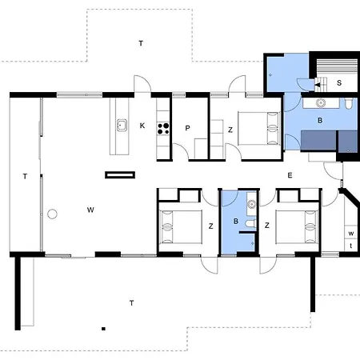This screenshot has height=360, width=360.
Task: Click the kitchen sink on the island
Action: tap(122, 125)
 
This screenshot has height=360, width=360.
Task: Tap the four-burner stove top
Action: tap(163, 129)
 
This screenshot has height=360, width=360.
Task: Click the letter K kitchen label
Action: tap(142, 126)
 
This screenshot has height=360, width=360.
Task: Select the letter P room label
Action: tap(187, 128)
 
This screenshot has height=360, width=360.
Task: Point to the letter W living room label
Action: tap(90, 210)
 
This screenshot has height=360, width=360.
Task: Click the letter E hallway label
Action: tap(290, 175)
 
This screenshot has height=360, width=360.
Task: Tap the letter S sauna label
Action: tap(339, 83)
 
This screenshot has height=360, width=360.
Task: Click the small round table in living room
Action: tap(52, 214)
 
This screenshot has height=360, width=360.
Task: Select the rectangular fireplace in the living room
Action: tap(120, 175)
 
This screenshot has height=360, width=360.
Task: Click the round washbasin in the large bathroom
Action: tap(320, 102)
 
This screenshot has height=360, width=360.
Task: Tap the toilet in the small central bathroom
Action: tap(250, 223)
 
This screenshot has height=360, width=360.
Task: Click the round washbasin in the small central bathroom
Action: tap(251, 204)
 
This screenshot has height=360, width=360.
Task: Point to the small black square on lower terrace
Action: tap(103, 329)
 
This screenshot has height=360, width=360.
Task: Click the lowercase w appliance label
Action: tap(351, 234)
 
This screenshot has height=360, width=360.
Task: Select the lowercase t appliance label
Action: tap(351, 246)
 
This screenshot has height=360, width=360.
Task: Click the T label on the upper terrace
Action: tap(141, 43)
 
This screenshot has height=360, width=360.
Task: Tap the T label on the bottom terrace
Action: tap(131, 303)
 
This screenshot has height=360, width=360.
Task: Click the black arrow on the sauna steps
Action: tap(318, 85)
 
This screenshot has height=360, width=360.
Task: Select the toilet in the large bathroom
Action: tap(349, 104)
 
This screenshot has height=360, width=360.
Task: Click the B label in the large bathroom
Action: tap(320, 121)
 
